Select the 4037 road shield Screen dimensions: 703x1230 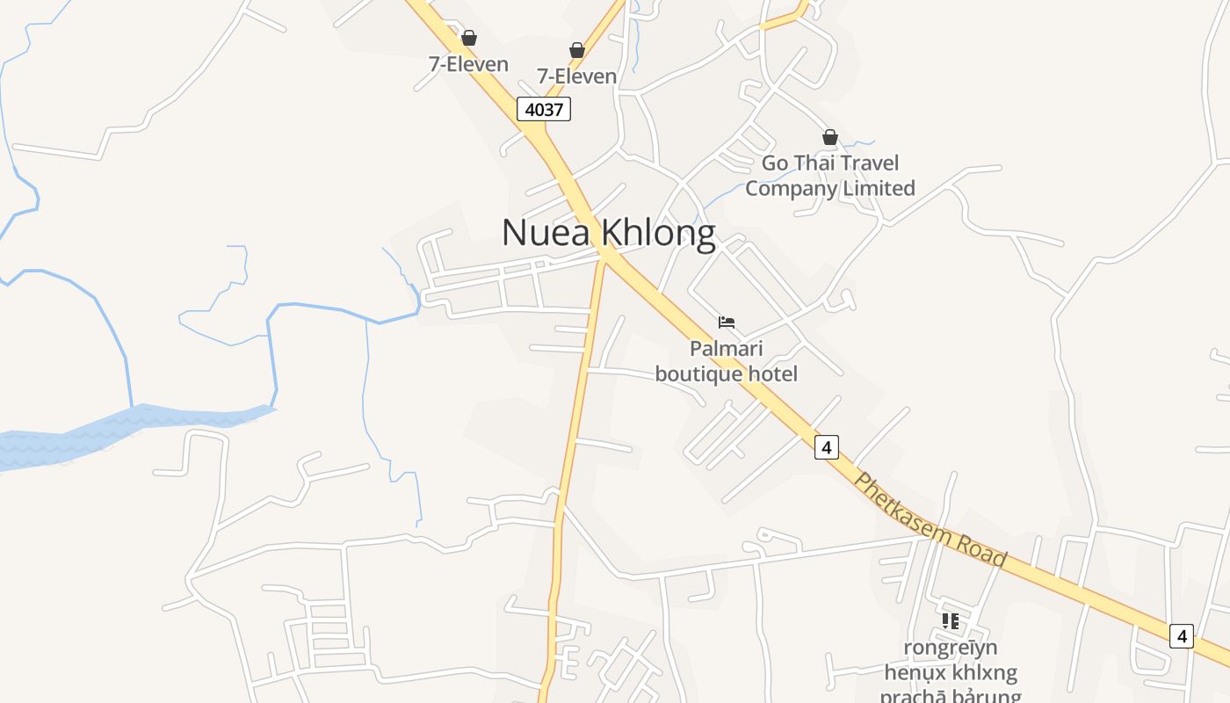544,109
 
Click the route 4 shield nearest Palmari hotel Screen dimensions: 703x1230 826,446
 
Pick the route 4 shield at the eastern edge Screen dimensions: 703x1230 1182,635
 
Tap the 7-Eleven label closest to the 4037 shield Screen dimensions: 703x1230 577,76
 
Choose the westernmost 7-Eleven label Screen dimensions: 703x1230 468,63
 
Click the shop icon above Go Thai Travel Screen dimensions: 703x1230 830,137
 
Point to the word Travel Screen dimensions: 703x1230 867,163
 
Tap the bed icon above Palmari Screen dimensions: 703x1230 727,323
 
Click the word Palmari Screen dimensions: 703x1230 727,348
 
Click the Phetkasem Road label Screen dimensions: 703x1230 930,519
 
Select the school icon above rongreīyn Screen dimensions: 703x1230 951,621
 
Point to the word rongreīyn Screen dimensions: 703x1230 951,648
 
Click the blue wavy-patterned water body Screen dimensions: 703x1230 132,426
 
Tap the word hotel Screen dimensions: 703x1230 772,373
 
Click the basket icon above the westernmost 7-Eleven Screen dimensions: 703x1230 469,38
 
